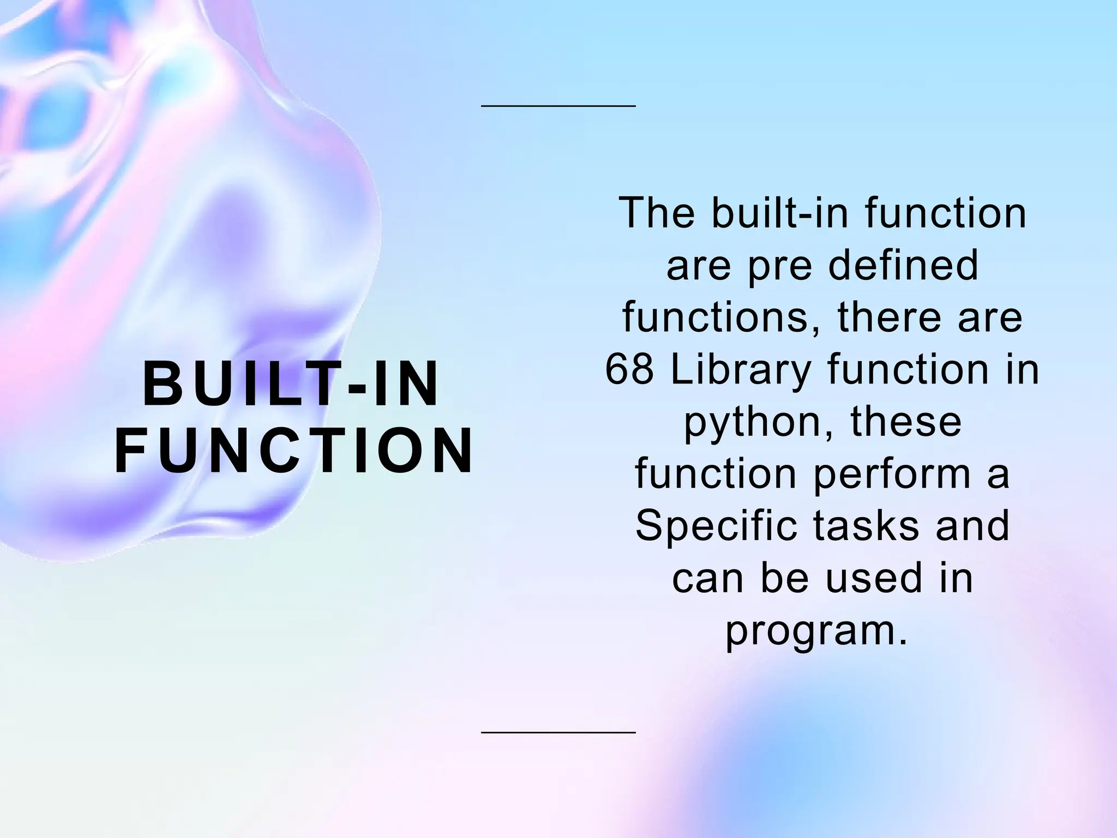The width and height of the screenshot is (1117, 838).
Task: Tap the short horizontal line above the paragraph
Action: coord(558,106)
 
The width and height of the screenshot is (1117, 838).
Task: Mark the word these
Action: coord(906,422)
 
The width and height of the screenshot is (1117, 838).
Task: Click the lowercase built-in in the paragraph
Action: coord(780,213)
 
